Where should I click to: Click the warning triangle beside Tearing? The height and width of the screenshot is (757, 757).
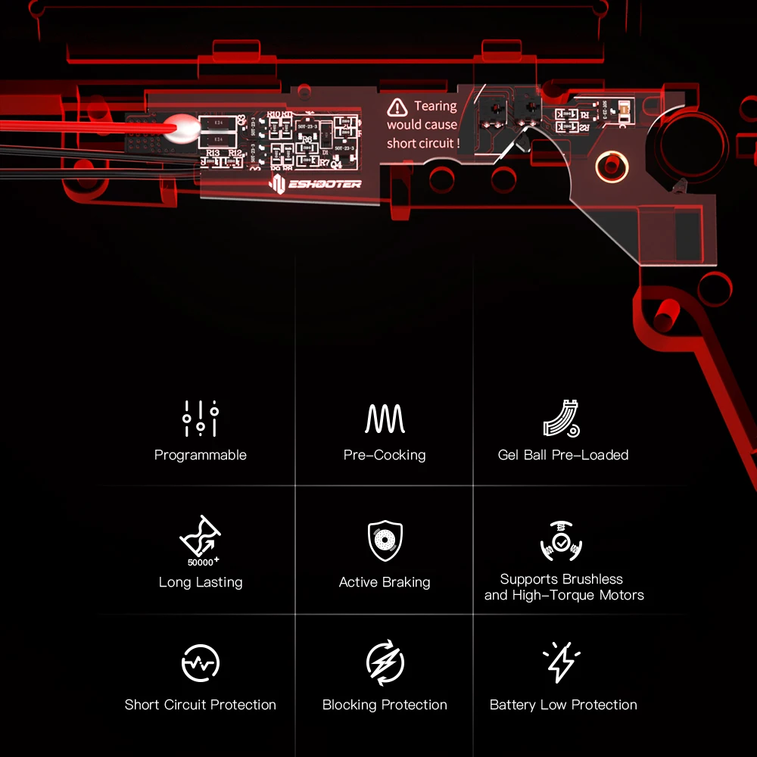click(x=397, y=107)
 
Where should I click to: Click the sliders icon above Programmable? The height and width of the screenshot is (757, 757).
click(x=201, y=418)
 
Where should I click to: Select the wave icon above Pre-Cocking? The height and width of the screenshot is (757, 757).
click(x=385, y=418)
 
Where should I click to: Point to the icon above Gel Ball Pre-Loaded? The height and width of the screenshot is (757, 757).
click(x=562, y=418)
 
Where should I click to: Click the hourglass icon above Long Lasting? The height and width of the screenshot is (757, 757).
click(x=199, y=536)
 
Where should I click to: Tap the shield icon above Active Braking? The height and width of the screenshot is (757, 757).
click(x=385, y=540)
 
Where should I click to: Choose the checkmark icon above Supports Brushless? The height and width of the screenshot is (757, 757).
click(x=561, y=541)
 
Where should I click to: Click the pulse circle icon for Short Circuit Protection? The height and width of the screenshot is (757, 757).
click(x=201, y=663)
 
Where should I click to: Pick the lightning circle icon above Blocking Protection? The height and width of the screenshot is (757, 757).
click(x=385, y=663)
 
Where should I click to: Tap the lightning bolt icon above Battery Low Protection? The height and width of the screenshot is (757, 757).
click(x=561, y=662)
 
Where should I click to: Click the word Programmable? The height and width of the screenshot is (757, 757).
click(x=201, y=455)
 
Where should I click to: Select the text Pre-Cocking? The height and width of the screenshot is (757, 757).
click(x=385, y=455)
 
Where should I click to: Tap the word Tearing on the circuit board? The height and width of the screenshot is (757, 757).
click(x=435, y=107)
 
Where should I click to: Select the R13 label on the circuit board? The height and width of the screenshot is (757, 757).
click(x=213, y=153)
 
